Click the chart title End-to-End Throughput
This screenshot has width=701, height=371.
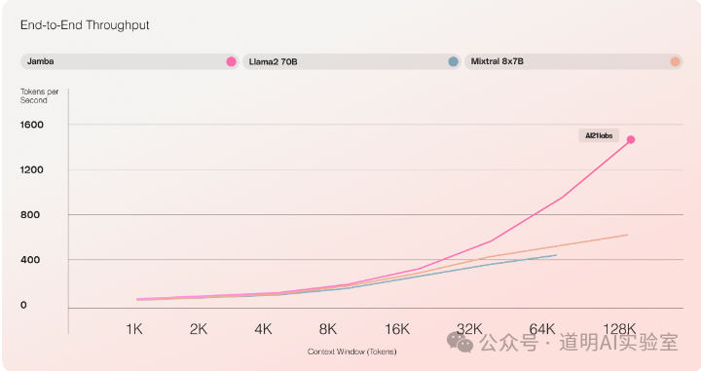click(x=86, y=24)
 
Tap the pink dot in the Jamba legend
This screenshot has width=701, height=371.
click(x=231, y=61)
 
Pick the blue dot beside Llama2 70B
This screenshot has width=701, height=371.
click(x=453, y=61)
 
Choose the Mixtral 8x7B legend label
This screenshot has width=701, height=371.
click(x=498, y=61)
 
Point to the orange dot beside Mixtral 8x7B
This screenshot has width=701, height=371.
click(x=675, y=61)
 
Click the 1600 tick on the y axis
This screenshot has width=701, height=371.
click(x=32, y=125)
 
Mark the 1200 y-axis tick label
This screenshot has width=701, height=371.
click(x=32, y=169)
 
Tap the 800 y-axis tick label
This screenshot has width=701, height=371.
click(x=30, y=215)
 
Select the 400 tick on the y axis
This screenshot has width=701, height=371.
click(x=30, y=260)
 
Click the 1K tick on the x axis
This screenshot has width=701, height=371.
click(x=134, y=329)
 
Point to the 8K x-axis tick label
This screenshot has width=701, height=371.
click(x=328, y=329)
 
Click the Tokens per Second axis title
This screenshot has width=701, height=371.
click(x=34, y=95)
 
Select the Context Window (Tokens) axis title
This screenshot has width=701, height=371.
click(x=351, y=351)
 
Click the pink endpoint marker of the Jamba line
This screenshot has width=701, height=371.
click(x=631, y=139)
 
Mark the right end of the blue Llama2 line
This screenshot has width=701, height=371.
click(x=556, y=255)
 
